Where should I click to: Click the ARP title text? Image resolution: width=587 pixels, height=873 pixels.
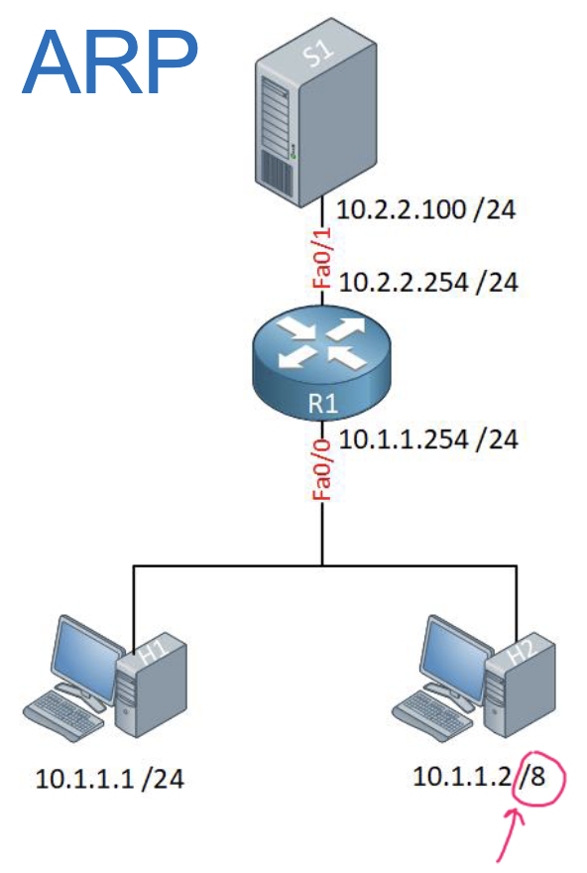pos(111,62)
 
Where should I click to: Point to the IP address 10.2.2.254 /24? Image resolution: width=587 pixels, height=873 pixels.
pos(427,283)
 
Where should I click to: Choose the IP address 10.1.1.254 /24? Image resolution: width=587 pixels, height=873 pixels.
pos(427,438)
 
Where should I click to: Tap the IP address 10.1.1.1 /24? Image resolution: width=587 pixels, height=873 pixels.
pos(109,779)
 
